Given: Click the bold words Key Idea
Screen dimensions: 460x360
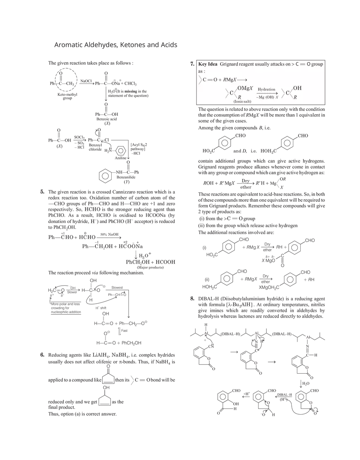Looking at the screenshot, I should pyautogui.click(x=208, y=64).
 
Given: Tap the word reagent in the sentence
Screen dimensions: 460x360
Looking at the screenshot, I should pyautogui.click(x=254, y=64).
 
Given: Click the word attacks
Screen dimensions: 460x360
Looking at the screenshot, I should pyautogui.click(x=292, y=64).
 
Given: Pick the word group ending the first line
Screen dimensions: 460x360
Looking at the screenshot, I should pyautogui.click(x=317, y=64).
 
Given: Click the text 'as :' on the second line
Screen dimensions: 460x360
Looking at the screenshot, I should pyautogui.click(x=201, y=71).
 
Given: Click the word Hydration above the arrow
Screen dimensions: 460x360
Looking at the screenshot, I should pyautogui.click(x=266, y=89).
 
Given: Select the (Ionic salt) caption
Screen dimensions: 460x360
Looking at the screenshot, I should pyautogui.click(x=242, y=101).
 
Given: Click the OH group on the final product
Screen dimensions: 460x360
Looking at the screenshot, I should pyautogui.click(x=298, y=88).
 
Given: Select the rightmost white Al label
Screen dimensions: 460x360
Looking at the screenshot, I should pyautogui.click(x=308, y=338).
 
